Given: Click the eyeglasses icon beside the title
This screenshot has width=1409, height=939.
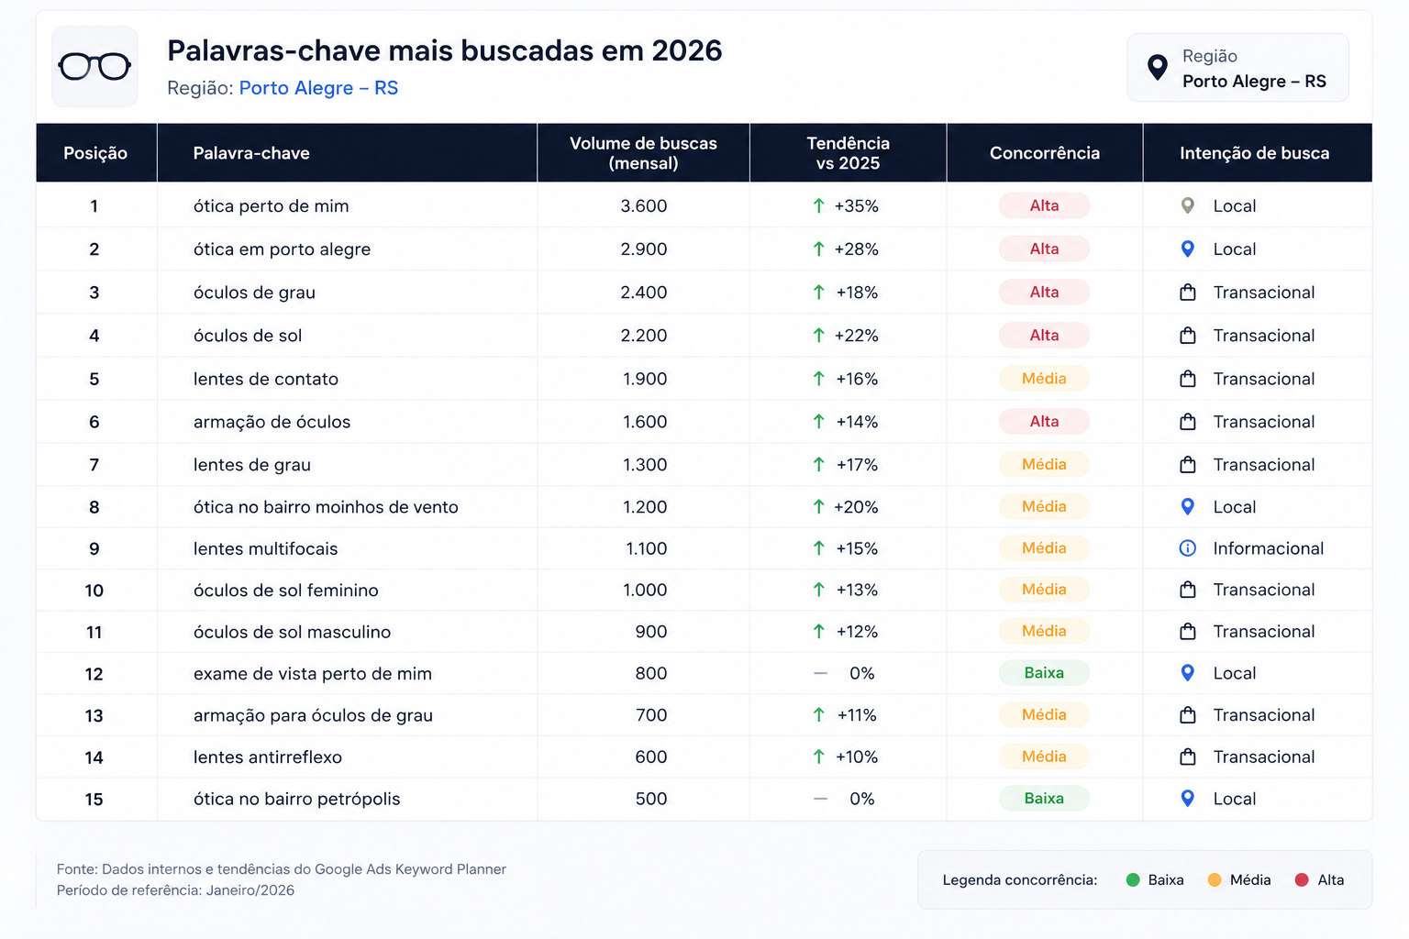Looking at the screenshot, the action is coord(94,66).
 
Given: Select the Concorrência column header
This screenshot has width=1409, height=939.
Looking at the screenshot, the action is coord(1044,153).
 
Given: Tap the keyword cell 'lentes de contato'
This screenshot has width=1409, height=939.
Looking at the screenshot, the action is coord(265,379).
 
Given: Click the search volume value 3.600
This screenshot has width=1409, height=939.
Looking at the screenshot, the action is coord(643,205).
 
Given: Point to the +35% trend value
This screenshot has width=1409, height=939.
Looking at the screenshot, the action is coord(856,205).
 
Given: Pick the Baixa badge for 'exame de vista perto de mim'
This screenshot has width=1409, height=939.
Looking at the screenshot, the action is coord(1044,673).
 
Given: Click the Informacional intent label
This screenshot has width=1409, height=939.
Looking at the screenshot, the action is coord(1268,548).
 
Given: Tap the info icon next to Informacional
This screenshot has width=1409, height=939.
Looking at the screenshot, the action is coord(1187,548).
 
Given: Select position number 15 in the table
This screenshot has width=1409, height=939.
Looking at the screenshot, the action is coord(94,799).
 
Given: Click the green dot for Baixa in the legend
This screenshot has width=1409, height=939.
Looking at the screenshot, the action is coord(1133,880).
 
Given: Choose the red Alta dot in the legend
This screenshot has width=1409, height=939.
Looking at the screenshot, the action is coord(1302,880).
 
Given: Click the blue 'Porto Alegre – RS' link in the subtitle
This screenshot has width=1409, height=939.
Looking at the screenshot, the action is coord(318,87).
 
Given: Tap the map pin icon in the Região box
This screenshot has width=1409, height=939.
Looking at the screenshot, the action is coord(1158,67).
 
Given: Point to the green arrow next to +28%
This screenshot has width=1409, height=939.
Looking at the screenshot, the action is coord(818,249).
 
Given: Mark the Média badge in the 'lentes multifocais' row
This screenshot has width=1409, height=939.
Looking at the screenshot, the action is coord(1044,548).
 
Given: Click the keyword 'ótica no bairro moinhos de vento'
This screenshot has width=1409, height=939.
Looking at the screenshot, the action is coord(326,507).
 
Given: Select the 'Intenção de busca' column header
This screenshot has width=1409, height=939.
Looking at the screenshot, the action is coord(1254,153).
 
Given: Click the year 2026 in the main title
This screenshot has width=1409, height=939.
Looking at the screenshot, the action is coord(687,50).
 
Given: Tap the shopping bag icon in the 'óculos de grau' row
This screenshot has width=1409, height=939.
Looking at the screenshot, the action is coord(1188,293).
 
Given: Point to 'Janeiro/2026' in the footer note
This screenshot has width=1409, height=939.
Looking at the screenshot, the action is coord(250,890).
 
